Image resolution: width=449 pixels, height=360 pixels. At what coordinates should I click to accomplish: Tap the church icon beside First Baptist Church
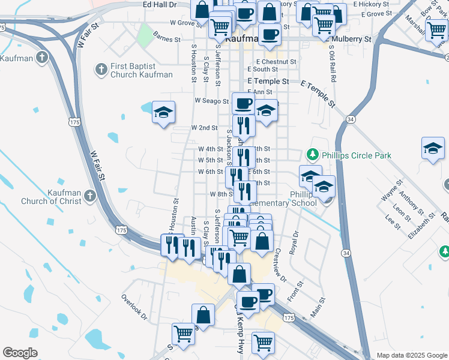[101, 70]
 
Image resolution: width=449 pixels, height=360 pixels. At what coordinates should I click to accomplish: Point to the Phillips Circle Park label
[356, 155]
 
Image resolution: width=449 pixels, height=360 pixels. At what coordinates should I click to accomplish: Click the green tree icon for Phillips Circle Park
[312, 155]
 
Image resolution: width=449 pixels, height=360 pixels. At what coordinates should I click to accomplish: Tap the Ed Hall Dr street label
[160, 4]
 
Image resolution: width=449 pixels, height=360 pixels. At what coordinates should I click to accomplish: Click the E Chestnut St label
[276, 62]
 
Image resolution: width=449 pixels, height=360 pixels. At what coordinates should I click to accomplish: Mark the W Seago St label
[212, 101]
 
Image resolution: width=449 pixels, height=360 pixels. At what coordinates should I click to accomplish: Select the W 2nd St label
[204, 128]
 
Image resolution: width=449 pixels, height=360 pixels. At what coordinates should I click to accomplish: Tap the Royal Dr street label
[294, 243]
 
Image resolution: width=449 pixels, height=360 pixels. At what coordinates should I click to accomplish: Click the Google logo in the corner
[20, 353]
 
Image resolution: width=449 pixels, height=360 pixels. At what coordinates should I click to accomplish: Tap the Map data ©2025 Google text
[412, 355]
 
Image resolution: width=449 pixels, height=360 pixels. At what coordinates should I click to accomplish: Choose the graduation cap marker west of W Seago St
[163, 112]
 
